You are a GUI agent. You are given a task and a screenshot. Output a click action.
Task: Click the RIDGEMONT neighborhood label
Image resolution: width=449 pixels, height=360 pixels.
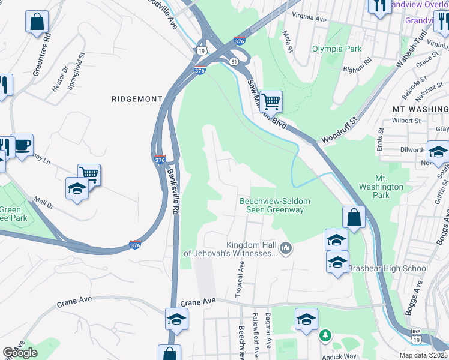coord(137,98)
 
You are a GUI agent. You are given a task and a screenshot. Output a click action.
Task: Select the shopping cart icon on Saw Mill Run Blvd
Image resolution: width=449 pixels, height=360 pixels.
coord(271,101)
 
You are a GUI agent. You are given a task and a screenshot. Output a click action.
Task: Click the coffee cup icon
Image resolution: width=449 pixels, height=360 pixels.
coord(22,145)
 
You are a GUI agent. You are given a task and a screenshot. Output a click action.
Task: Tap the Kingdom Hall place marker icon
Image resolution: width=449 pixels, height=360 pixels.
coord(286,248)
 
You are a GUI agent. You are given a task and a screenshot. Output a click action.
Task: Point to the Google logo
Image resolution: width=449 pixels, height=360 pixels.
coord(20,353)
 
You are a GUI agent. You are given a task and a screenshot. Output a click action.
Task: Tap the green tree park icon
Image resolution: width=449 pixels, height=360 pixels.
coord(325,334)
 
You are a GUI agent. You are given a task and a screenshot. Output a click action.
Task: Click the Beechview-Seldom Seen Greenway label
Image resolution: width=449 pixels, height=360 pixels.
coord(271,205)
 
